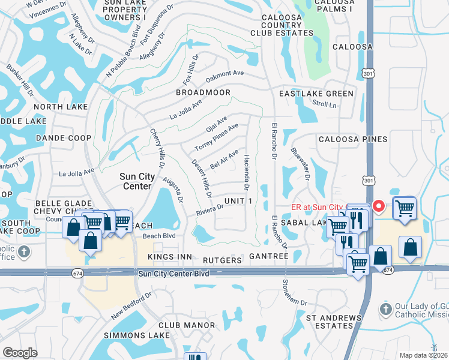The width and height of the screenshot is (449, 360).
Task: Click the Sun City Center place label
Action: (137, 181)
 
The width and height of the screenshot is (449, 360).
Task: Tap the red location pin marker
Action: (379, 206)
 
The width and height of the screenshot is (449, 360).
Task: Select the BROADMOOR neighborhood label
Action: (203, 93)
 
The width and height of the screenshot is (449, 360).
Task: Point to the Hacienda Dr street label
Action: (246, 169)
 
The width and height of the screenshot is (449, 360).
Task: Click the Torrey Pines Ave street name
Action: (217, 138)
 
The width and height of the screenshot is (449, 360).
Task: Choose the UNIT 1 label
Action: (238, 200)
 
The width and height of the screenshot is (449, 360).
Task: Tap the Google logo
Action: (20, 353)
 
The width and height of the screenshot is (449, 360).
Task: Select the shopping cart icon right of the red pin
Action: (405, 208)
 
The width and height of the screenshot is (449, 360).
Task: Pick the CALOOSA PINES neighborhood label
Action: (352, 139)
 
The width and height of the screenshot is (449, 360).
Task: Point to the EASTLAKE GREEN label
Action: (316, 94)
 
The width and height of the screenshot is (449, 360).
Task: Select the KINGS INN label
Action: (169, 257)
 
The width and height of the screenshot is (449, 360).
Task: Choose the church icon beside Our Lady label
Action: (386, 310)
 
